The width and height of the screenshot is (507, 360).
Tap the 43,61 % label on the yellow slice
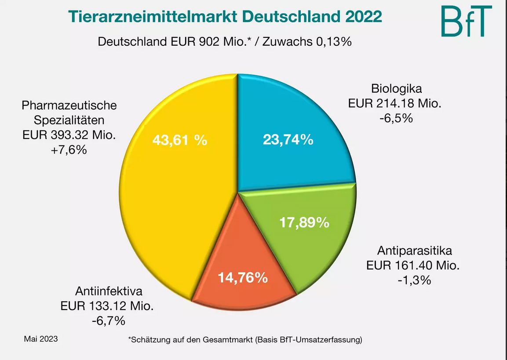179,140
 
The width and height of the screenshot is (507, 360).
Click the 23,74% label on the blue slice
288,140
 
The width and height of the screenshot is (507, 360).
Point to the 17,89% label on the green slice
304,222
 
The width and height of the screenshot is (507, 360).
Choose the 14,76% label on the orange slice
243,278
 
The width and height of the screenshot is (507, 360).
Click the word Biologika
396,88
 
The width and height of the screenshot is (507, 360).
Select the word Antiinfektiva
109,291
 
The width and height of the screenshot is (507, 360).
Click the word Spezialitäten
69,120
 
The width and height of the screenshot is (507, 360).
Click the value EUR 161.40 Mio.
413,265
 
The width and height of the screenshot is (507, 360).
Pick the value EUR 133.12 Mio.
110,305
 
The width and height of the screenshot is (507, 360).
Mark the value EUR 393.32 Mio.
69,135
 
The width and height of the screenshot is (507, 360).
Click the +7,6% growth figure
69,150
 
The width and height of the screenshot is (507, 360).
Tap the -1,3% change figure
413,280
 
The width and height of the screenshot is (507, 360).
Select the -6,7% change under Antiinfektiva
109,320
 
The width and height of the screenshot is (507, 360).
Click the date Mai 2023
40,339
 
